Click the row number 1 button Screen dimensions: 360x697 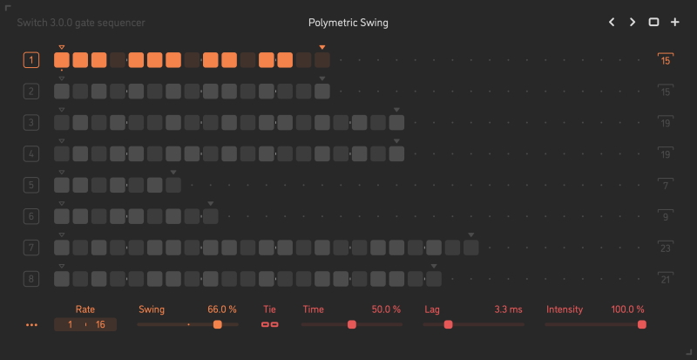pos(31,60)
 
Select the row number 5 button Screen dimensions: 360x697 pos(31,185)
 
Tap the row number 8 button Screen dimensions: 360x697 pos(31,279)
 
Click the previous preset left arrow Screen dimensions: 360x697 pos(612,23)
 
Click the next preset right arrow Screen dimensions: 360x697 pos(633,23)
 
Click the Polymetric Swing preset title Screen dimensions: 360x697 pos(348,23)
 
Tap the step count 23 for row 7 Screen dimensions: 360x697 pos(666,248)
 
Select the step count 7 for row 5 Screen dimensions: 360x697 pos(666,186)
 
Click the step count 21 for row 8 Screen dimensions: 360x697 pos(666,280)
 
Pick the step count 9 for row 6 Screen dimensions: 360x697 pos(666,217)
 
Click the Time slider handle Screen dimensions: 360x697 pos(352,324)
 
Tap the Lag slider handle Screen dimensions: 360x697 pos(448,324)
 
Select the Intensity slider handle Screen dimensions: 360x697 pos(642,324)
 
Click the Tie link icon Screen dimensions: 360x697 pos(270,324)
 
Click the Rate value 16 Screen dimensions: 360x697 pos(101,324)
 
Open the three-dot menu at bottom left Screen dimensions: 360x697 pos(32,324)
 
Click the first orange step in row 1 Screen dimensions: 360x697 pos(62,60)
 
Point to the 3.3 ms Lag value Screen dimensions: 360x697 pos(508,309)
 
